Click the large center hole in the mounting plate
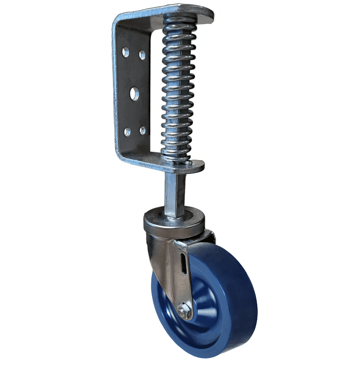tap(134, 94)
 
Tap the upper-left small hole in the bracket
tap(125, 52)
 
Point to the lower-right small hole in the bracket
tap(143, 130)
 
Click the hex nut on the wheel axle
tap(185, 311)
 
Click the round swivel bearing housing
tap(174, 222)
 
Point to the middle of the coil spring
tap(178, 88)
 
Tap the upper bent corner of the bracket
tap(118, 21)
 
